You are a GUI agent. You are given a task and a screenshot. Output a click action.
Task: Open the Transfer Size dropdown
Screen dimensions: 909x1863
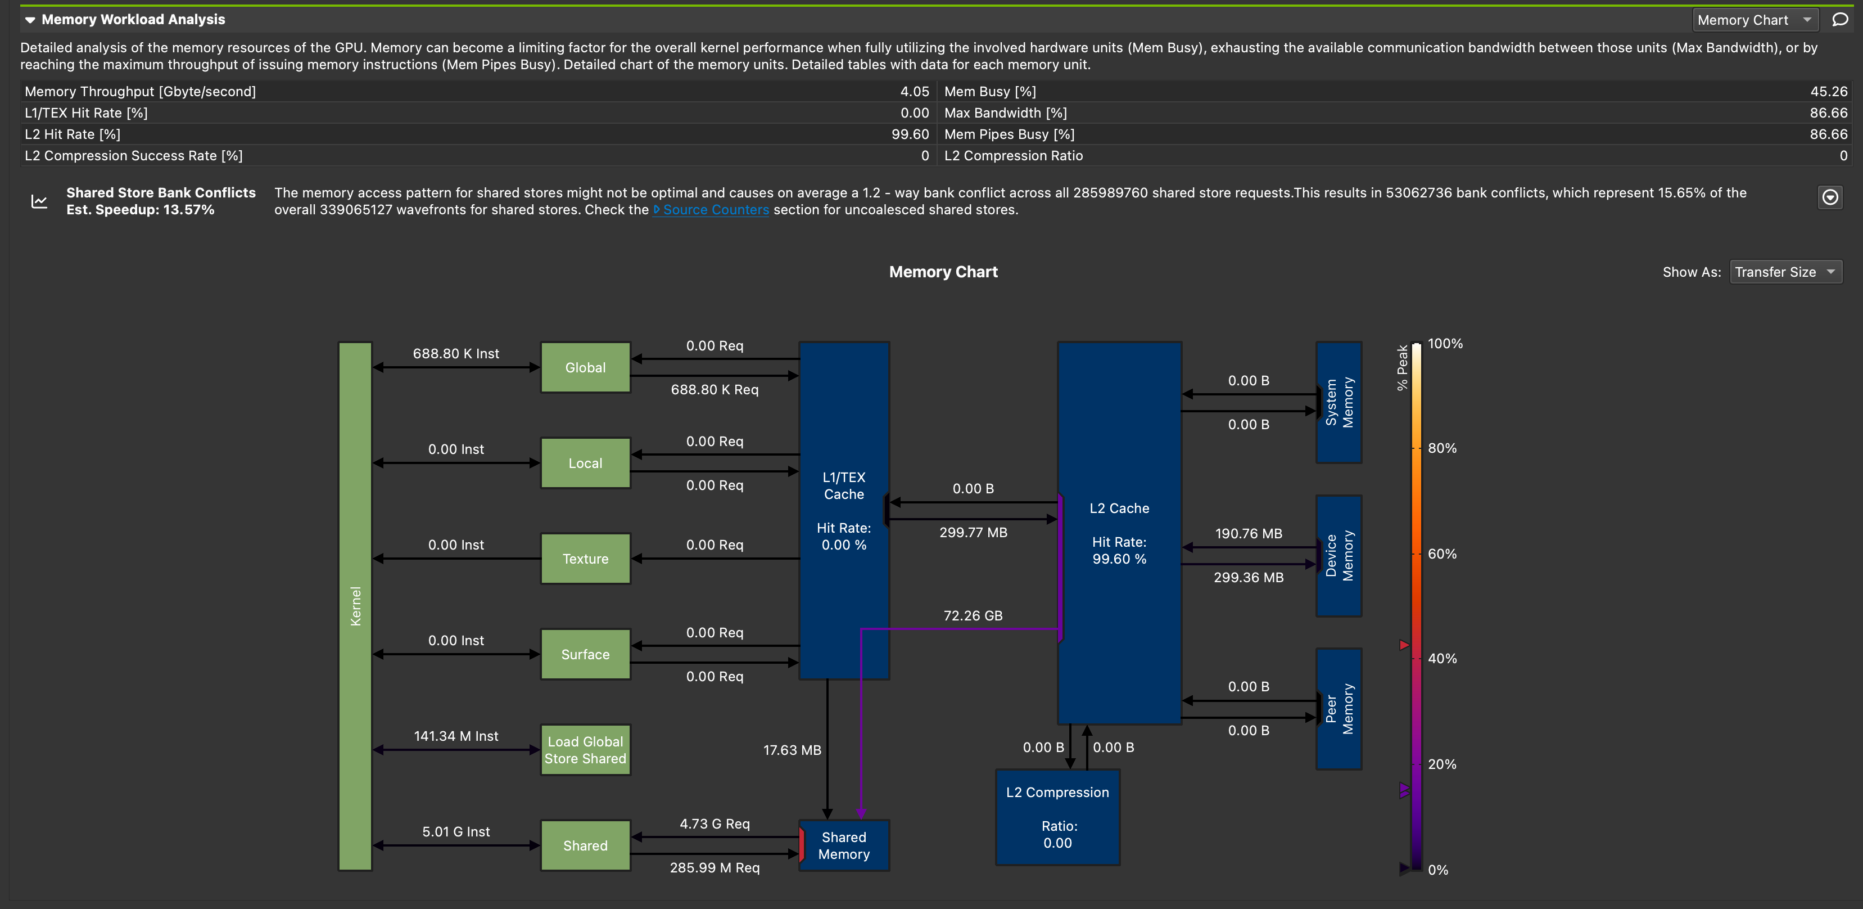[x=1785, y=272]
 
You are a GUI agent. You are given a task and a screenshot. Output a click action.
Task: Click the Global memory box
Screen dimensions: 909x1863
[x=585, y=368]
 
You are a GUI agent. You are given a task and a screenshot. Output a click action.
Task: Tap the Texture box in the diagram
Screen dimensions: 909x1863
[x=585, y=559]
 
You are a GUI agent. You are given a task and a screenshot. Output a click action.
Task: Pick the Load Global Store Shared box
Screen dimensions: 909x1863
[x=585, y=750]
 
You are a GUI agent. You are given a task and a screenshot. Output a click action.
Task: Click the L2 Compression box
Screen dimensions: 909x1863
[x=1057, y=817]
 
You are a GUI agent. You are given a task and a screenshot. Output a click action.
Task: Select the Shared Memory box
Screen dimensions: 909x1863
[x=844, y=845]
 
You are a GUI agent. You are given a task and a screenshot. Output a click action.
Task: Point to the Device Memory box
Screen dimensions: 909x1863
[x=1339, y=556]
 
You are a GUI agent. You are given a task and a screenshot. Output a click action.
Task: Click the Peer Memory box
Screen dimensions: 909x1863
[x=1339, y=709]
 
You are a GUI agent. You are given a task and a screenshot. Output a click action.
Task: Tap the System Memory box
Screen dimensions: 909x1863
[x=1339, y=402]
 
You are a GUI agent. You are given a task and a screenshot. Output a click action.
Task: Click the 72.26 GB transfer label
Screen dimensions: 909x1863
[x=973, y=616]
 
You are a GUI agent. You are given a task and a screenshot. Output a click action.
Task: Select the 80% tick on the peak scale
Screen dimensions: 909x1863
[x=1441, y=448]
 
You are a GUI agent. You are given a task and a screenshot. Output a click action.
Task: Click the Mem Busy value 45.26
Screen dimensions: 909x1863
[x=1828, y=92]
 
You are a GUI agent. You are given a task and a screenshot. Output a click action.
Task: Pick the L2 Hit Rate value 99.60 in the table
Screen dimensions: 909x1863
[x=909, y=134]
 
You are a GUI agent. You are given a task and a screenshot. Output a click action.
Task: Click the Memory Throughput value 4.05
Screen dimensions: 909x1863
[x=914, y=92]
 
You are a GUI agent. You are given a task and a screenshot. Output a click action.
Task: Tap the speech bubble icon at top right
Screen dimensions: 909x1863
[x=1840, y=20]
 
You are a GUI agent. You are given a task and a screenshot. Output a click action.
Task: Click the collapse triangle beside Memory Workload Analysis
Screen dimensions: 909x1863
[x=30, y=20]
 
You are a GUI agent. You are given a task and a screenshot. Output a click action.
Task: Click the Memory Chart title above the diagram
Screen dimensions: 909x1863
[x=943, y=272]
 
